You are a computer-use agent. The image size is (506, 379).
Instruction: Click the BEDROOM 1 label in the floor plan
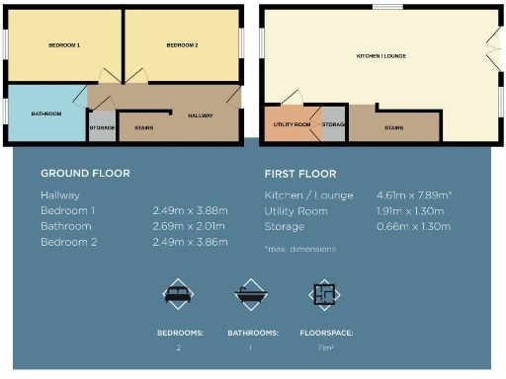coord(65,45)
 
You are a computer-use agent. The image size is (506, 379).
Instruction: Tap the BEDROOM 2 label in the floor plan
coord(182,45)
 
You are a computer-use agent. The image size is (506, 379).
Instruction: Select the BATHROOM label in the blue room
coord(46,114)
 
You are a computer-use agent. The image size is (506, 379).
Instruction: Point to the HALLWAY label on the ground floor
coord(201,115)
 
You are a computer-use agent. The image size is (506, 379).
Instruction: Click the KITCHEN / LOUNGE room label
coord(381,55)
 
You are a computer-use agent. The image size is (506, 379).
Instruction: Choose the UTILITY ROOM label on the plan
coord(292,124)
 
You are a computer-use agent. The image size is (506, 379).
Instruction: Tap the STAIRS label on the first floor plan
coord(393,127)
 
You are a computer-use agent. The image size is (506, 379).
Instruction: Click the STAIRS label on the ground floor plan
coord(142,127)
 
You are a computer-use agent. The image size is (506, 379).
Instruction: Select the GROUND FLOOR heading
coord(85,174)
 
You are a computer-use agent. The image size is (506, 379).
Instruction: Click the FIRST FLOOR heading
coord(300,174)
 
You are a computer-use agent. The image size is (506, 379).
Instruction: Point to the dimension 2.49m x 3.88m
coord(190,211)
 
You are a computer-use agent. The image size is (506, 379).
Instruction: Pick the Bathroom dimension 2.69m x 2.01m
coord(190,227)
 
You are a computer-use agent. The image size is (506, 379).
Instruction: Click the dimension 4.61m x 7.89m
coord(414,195)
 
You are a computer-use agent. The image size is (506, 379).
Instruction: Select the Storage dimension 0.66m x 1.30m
coord(414,227)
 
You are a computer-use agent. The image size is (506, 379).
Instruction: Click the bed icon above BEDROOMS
coord(179,295)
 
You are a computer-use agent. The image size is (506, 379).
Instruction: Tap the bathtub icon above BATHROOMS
coord(250,295)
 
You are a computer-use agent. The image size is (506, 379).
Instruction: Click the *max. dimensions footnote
coord(299,249)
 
